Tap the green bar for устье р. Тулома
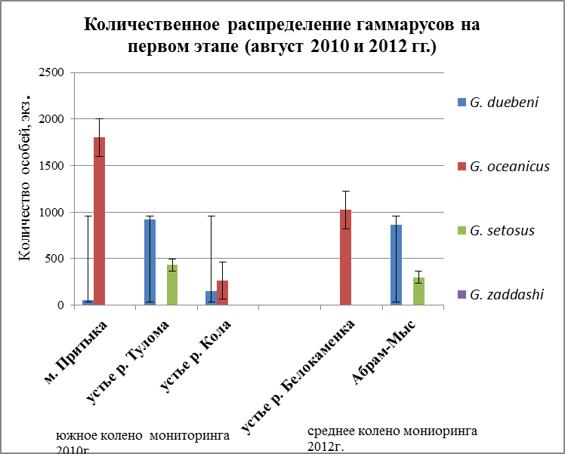pyautogui.click(x=172, y=284)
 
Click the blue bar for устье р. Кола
pyautogui.click(x=211, y=298)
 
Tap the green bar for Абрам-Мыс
pyautogui.click(x=419, y=291)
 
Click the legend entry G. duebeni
pyautogui.click(x=507, y=102)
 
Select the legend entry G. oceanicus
pyautogui.click(x=511, y=165)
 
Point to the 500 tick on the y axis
pyautogui.click(x=57, y=258)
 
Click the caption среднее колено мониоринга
pyautogui.click(x=392, y=431)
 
